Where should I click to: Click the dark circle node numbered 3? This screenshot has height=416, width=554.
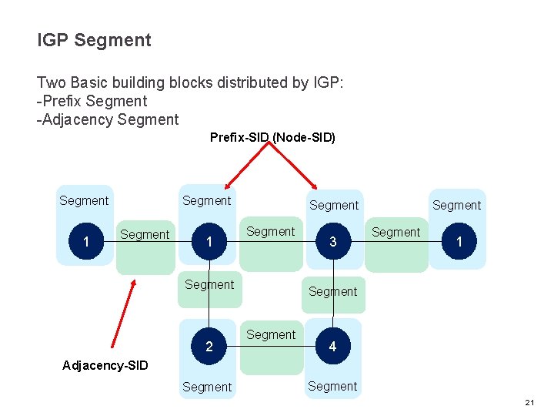[332, 242]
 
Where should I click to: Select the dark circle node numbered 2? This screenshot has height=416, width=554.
[209, 347]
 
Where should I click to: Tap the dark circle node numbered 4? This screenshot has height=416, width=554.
[332, 347]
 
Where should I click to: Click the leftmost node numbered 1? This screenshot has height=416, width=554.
[85, 242]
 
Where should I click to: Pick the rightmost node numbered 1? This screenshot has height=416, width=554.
[459, 242]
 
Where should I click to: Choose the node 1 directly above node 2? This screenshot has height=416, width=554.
[209, 242]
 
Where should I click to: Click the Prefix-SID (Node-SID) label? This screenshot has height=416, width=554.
[272, 138]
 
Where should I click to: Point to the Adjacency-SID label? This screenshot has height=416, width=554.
[105, 365]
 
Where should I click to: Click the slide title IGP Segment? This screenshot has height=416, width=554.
[94, 40]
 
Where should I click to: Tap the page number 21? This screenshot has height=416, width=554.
[529, 403]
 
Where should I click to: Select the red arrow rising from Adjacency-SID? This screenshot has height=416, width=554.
[123, 314]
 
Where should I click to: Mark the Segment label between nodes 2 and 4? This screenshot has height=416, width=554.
[271, 335]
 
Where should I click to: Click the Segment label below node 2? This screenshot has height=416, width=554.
[207, 387]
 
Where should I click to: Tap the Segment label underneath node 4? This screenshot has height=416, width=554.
[332, 386]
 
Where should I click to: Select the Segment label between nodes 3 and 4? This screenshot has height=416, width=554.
[332, 291]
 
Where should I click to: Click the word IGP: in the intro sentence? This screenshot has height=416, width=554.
[326, 82]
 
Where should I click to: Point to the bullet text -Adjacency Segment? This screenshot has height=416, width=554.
[108, 119]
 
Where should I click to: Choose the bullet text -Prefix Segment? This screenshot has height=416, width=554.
[92, 101]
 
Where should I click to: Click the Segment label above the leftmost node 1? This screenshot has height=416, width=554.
[84, 200]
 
